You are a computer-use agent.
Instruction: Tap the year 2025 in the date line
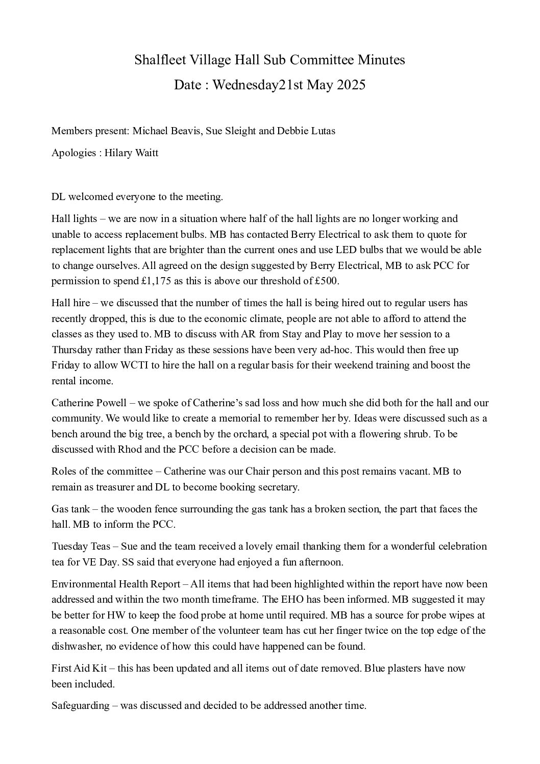[351, 85]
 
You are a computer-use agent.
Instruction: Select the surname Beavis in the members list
[186, 131]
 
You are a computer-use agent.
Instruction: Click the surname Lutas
[320, 131]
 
